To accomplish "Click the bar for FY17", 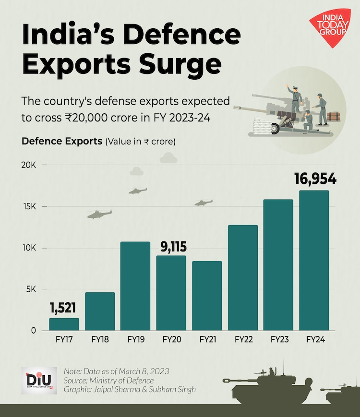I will coord(64,324).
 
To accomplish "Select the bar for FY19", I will coord(135,286).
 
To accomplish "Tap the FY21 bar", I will coord(207,296).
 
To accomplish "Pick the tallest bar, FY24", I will coord(314,261).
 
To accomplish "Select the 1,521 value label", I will coord(64,308).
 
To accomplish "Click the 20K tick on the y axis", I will coord(29,165).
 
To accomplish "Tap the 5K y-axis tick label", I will coord(30,289).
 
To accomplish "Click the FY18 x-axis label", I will coord(100,340).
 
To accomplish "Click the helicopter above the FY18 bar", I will coord(99,214).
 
